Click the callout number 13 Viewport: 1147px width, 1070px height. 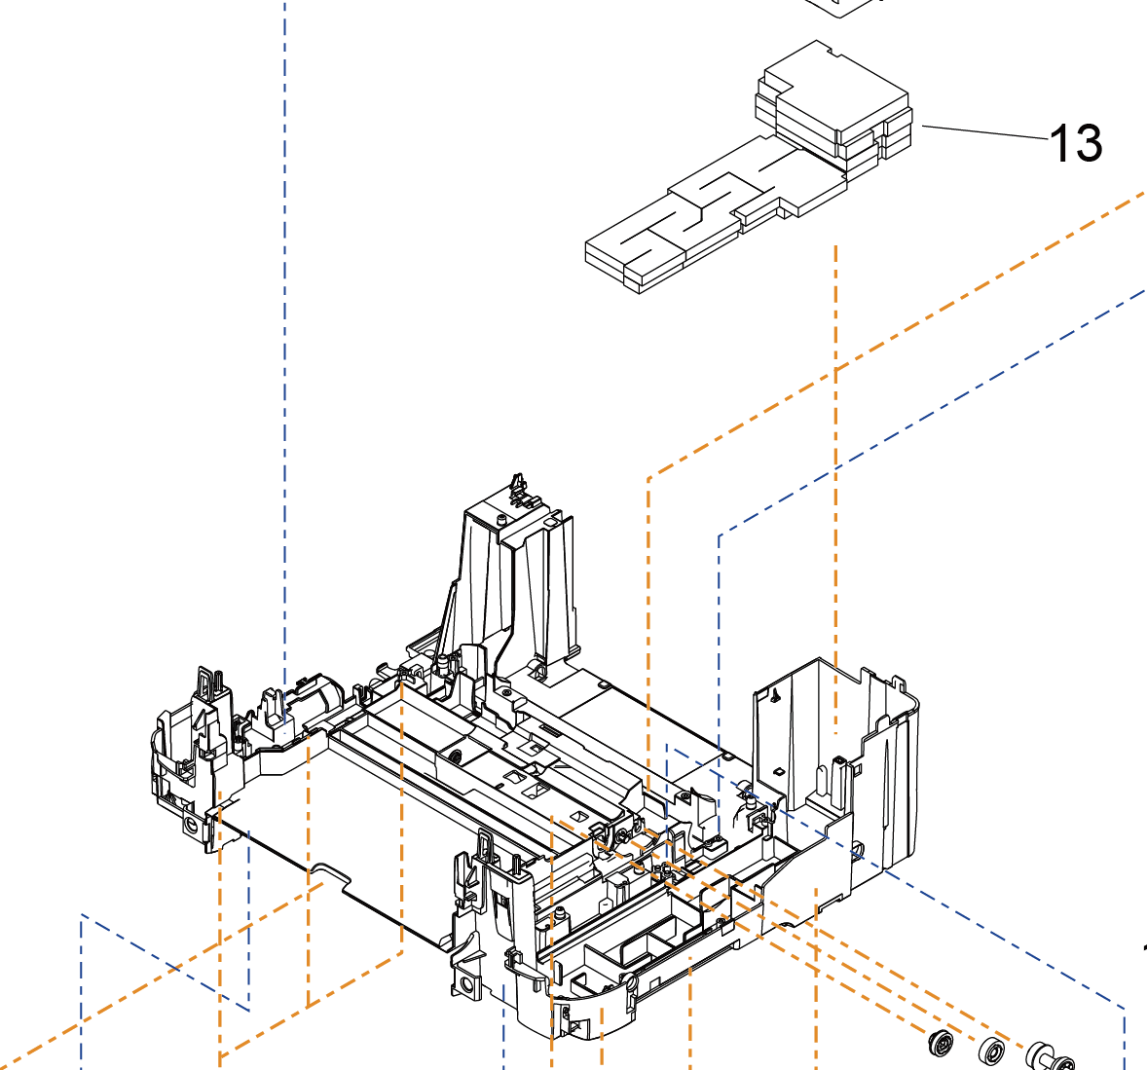point(1076,144)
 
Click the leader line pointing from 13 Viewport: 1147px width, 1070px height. point(983,133)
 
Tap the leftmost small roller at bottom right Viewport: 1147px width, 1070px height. point(941,1043)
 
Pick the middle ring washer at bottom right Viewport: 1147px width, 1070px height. point(992,1052)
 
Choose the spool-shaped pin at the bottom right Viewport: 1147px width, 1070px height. point(1049,1056)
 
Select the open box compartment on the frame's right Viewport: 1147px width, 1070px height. point(832,740)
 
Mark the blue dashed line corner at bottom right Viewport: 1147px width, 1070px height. point(1125,1009)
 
